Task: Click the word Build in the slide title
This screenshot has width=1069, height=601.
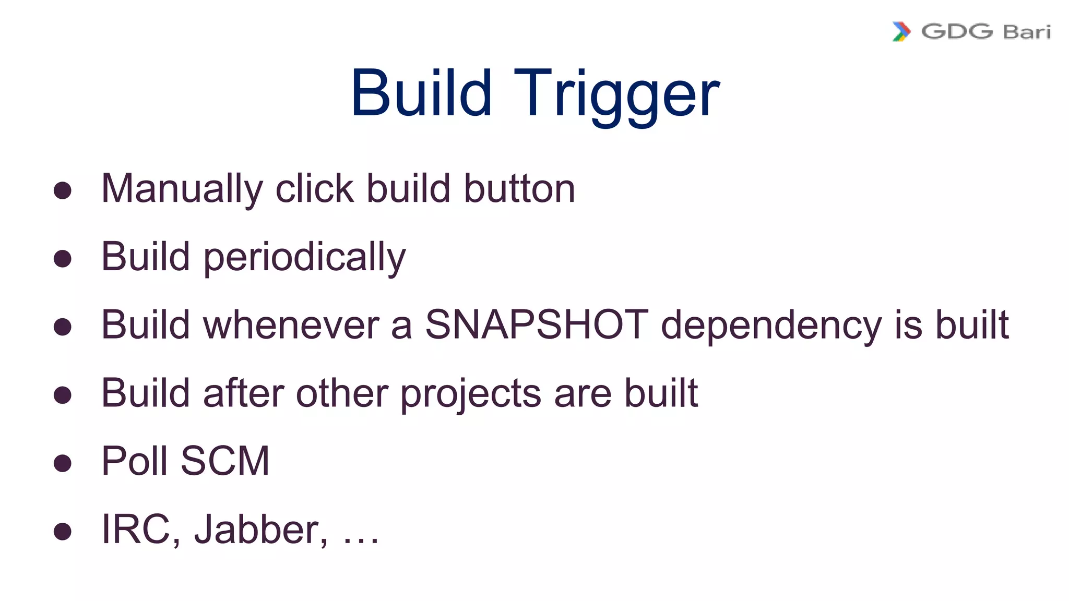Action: coord(422,94)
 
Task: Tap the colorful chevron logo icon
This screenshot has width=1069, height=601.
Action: coord(901,32)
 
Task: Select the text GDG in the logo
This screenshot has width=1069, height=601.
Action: coord(957,32)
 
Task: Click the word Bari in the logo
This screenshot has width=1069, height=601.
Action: coord(1027,32)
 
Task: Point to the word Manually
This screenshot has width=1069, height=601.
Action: coord(182,189)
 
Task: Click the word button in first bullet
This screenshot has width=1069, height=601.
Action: coord(519,189)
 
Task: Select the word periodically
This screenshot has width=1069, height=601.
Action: coord(304,258)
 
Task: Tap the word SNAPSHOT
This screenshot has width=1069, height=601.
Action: coord(537,325)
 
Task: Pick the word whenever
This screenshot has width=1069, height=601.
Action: coord(291,325)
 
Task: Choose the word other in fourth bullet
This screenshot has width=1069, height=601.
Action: coord(341,393)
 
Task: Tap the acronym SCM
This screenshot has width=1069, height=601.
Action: coord(225,461)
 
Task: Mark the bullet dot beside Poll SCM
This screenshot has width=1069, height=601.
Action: coord(63,463)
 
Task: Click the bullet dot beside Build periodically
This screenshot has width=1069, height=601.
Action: coord(63,259)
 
